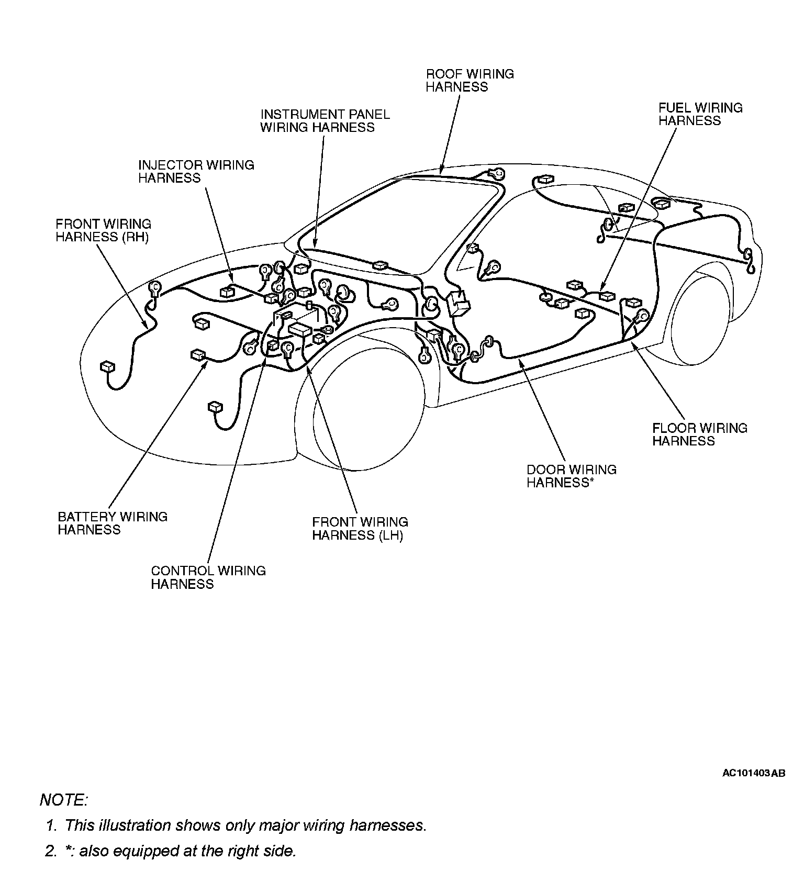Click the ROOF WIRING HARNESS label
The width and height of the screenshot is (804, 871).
click(470, 81)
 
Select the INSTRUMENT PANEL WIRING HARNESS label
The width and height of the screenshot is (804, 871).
click(325, 121)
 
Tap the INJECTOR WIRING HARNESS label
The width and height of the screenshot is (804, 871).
click(196, 171)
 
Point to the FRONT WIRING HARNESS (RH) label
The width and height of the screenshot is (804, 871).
click(103, 230)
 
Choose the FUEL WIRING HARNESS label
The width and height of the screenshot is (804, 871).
click(700, 114)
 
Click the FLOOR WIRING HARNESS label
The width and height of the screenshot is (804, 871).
click(699, 434)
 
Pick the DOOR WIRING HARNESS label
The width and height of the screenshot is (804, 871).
click(571, 476)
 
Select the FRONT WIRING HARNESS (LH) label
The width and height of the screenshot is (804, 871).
click(360, 529)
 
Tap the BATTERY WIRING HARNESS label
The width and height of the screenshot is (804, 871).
click(113, 523)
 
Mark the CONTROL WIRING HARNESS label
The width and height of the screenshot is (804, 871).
click(208, 577)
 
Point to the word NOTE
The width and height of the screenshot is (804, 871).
click(63, 800)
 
